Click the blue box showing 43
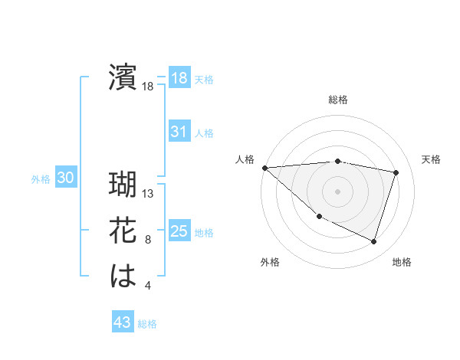(x=122, y=322)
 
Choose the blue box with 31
(x=179, y=132)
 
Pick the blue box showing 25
(x=179, y=231)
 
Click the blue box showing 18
(x=179, y=78)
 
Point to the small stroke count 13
(x=148, y=194)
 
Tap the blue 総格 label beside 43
(x=147, y=324)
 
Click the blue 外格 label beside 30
(x=41, y=179)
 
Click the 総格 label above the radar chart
(x=338, y=100)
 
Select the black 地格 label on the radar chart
(x=402, y=262)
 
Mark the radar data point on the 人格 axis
(x=264, y=167)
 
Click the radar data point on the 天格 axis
(x=396, y=172)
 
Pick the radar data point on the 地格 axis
(x=374, y=242)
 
